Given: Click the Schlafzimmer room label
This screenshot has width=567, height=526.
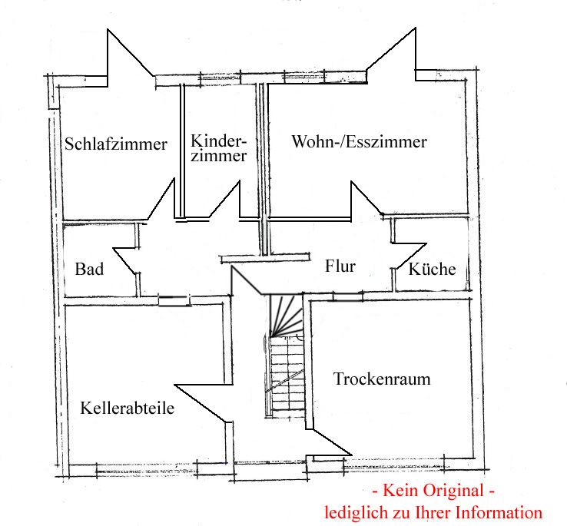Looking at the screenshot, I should click(116, 144).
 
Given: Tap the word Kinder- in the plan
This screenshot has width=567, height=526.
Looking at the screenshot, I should click(219, 141).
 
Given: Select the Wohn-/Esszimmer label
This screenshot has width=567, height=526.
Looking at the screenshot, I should click(359, 142).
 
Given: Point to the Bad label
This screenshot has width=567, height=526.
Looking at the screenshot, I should click(89, 269).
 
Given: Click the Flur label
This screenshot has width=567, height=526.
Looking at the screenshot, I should click(340, 266).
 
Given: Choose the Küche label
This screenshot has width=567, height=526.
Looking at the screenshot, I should click(432, 269).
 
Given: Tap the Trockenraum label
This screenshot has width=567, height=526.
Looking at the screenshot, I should click(382, 379).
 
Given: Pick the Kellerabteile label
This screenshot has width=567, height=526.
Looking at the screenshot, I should click(127, 408).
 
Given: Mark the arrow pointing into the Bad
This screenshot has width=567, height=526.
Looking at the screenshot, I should click(115, 249).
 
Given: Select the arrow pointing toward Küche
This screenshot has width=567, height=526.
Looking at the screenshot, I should click(425, 244).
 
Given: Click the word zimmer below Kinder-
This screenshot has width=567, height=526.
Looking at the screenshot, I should click(219, 156).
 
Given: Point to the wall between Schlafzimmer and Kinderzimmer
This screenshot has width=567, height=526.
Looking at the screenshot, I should click(183, 154).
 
